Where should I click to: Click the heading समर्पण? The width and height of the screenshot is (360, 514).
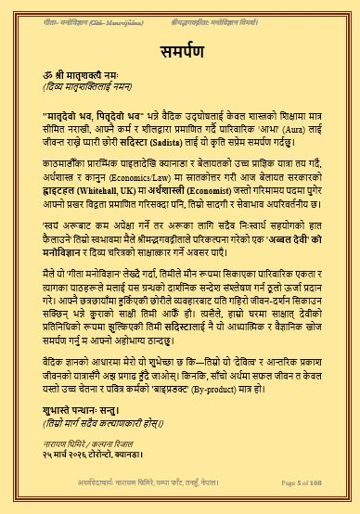(x=180, y=48)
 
